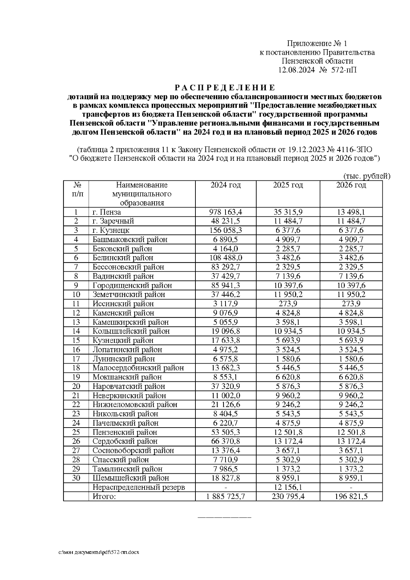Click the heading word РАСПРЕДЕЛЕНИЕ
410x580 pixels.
click(x=225, y=88)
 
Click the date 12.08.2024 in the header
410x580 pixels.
click(x=296, y=70)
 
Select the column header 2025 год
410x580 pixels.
click(x=288, y=185)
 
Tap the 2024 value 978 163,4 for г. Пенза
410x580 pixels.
click(x=225, y=212)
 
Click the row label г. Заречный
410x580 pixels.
click(x=113, y=221)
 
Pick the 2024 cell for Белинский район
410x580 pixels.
click(x=225, y=258)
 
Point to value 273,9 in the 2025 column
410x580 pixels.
click(x=288, y=304)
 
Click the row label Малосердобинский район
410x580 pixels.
click(x=138, y=368)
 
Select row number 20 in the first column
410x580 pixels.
click(x=76, y=387)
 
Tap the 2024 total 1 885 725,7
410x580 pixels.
click(x=225, y=497)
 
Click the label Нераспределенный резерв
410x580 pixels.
click(x=139, y=487)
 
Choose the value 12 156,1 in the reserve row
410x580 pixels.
click(x=288, y=487)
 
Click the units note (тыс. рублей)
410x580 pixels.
click(x=366, y=176)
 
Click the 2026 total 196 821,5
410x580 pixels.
click(x=351, y=497)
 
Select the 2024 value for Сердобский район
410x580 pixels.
click(x=225, y=442)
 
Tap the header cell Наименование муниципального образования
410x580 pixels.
click(x=142, y=194)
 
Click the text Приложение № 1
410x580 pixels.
click(x=317, y=43)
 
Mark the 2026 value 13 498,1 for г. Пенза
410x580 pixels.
click(x=351, y=212)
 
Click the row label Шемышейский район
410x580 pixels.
click(x=131, y=478)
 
